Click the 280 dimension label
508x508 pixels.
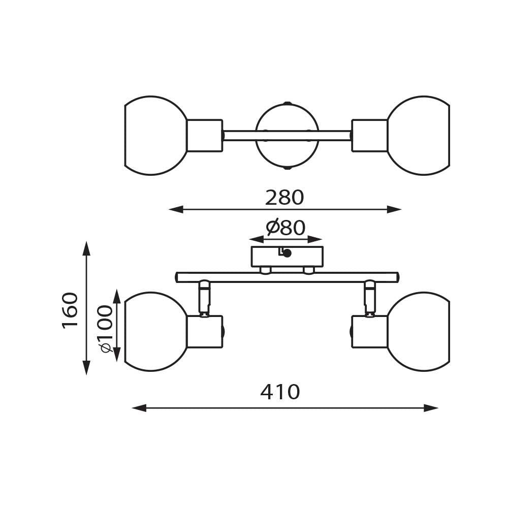(284, 198)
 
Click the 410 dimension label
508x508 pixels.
(280, 392)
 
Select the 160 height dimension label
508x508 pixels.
(70, 311)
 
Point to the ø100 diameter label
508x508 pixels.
(107, 329)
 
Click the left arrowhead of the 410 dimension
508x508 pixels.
(140, 408)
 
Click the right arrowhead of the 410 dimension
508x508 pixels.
(431, 408)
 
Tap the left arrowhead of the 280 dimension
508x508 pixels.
(176, 210)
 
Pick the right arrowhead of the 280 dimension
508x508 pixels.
(394, 210)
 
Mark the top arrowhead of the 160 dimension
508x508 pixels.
(86, 248)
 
